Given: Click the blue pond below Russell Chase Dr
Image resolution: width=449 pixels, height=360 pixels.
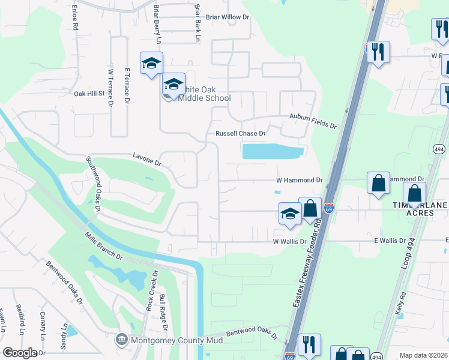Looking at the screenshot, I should (272, 151).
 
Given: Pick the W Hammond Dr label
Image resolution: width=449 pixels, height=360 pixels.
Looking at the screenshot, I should (299, 180).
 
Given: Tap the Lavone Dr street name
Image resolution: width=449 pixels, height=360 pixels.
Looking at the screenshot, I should (147, 159).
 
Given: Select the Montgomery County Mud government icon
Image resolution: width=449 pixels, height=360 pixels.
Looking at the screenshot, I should (121, 340).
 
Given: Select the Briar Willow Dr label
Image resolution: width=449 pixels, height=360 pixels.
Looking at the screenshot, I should (227, 17).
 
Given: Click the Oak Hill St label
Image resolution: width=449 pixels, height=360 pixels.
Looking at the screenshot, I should (89, 94).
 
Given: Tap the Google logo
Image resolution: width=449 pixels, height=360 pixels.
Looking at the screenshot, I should (20, 353).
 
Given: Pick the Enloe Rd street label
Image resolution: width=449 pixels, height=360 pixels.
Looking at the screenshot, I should (75, 17).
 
